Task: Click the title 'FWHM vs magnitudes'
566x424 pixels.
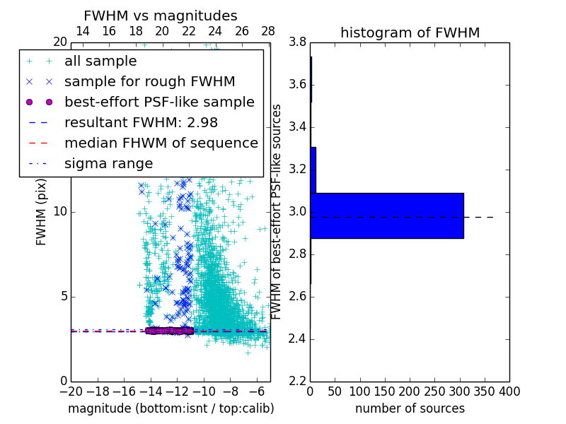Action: (161, 16)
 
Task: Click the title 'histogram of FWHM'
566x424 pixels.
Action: (410, 33)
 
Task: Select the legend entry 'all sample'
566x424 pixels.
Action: (100, 61)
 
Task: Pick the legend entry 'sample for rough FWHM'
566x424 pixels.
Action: (149, 82)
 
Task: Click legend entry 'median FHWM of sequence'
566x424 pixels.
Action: (161, 143)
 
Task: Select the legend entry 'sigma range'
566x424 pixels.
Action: (108, 163)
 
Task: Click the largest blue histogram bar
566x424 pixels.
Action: (386, 216)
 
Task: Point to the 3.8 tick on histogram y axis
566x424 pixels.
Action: (297, 42)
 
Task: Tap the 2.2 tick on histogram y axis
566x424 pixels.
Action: (297, 381)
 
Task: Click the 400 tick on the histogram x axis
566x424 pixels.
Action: (509, 391)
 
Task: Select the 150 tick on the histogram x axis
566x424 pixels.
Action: (385, 391)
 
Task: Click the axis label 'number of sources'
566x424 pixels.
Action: (410, 408)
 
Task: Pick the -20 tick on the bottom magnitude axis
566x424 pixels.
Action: (71, 391)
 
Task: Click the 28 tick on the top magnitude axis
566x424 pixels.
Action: (268, 31)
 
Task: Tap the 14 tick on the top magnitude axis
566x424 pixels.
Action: (82, 31)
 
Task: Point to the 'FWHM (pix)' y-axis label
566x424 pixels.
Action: (42, 211)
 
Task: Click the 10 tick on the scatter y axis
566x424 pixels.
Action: (59, 211)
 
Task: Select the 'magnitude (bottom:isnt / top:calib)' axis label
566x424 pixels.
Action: (171, 408)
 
